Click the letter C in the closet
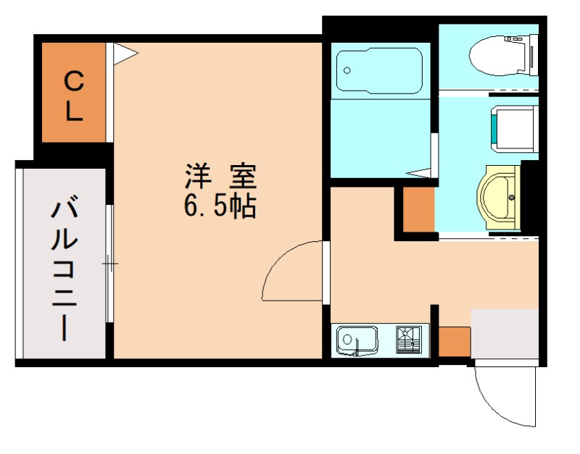pyautogui.click(x=74, y=80)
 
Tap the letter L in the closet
pyautogui.click(x=74, y=111)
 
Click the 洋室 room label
pyautogui.click(x=220, y=176)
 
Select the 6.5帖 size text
pyautogui.click(x=220, y=208)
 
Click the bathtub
pyautogui.click(x=379, y=71)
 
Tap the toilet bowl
pyautogui.click(x=500, y=54)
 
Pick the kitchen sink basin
pyautogui.click(x=356, y=338)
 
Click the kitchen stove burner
pyautogui.click(x=407, y=338)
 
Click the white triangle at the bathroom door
pyautogui.click(x=418, y=172)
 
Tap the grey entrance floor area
pyautogui.click(x=504, y=332)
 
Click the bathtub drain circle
pyautogui.click(x=347, y=70)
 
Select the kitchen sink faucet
pyautogui.click(x=357, y=350)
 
